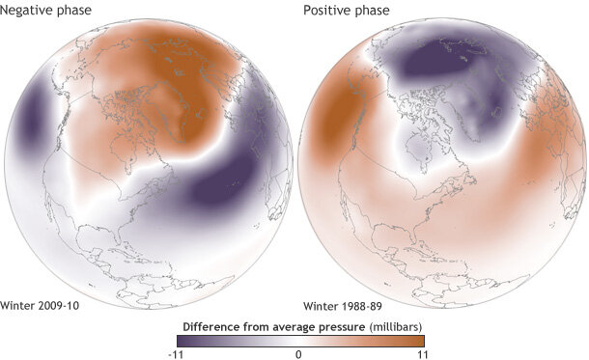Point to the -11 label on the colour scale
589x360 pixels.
pyautogui.click(x=181, y=353)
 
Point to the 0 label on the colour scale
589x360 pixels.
pyautogui.click(x=299, y=353)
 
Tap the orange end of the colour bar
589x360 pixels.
pyautogui.click(x=417, y=339)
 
